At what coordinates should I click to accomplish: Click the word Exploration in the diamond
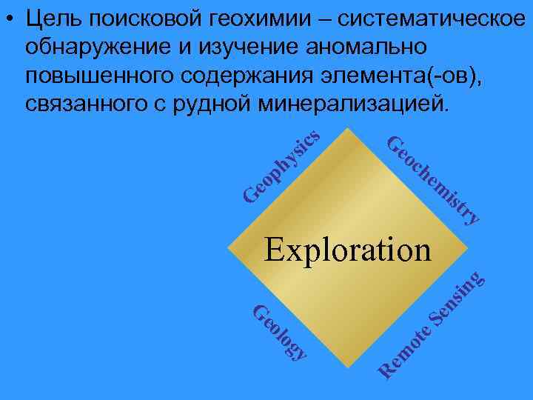[x=347, y=250]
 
